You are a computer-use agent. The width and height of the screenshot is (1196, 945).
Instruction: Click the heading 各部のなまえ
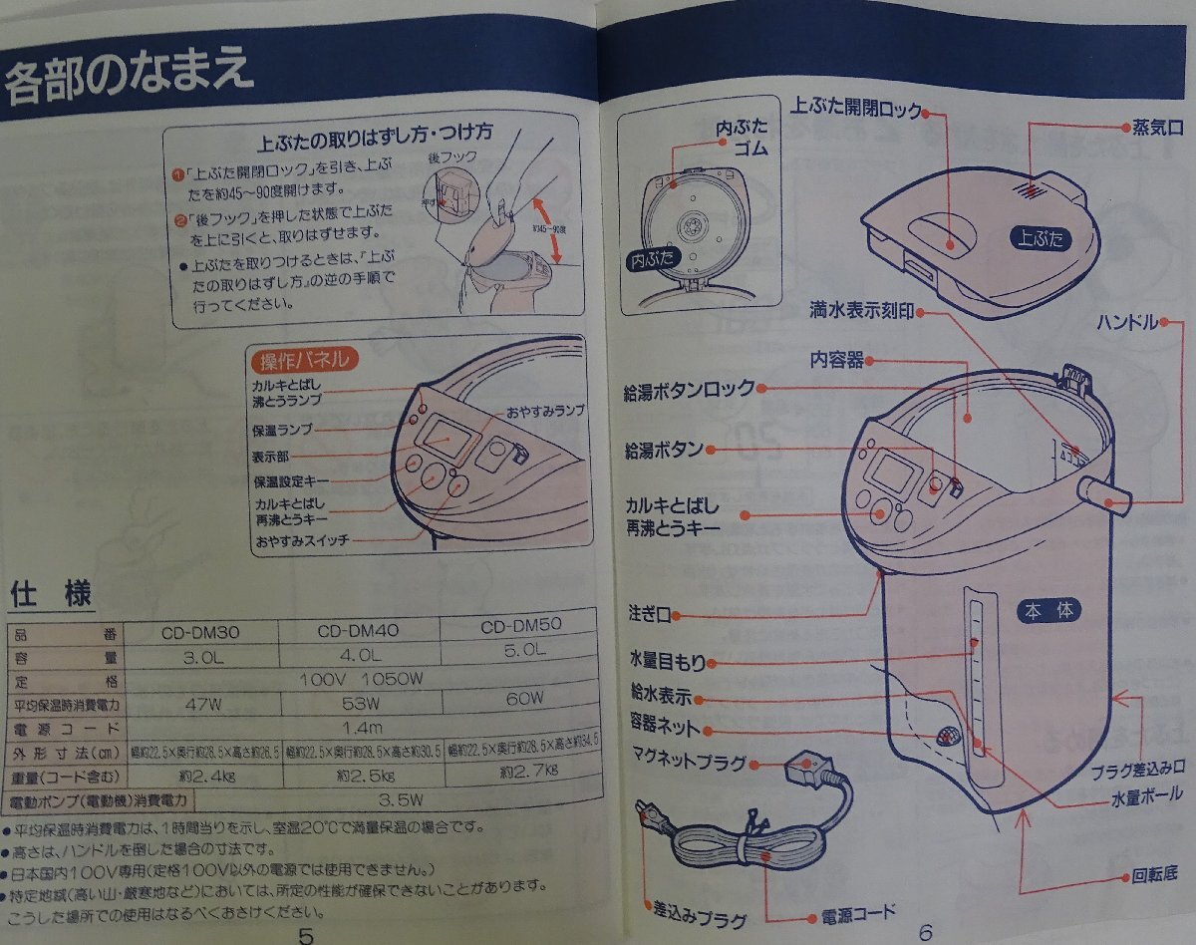click(x=129, y=81)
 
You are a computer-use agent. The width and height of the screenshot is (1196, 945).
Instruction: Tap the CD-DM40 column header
click(x=359, y=630)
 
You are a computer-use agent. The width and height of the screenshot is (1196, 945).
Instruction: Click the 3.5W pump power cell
click(x=402, y=798)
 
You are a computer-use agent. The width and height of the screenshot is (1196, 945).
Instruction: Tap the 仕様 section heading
click(x=52, y=595)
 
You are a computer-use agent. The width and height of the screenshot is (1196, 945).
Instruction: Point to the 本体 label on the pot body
click(x=1049, y=610)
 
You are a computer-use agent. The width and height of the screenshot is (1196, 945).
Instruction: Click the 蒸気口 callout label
click(x=1157, y=128)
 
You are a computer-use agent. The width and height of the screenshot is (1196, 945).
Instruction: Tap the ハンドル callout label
click(x=1127, y=321)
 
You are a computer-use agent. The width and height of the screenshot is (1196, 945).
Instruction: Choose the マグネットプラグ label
click(x=689, y=764)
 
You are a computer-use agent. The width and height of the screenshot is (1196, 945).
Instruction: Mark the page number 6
click(x=925, y=932)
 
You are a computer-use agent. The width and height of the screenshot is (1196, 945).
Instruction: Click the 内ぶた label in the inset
click(x=653, y=258)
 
